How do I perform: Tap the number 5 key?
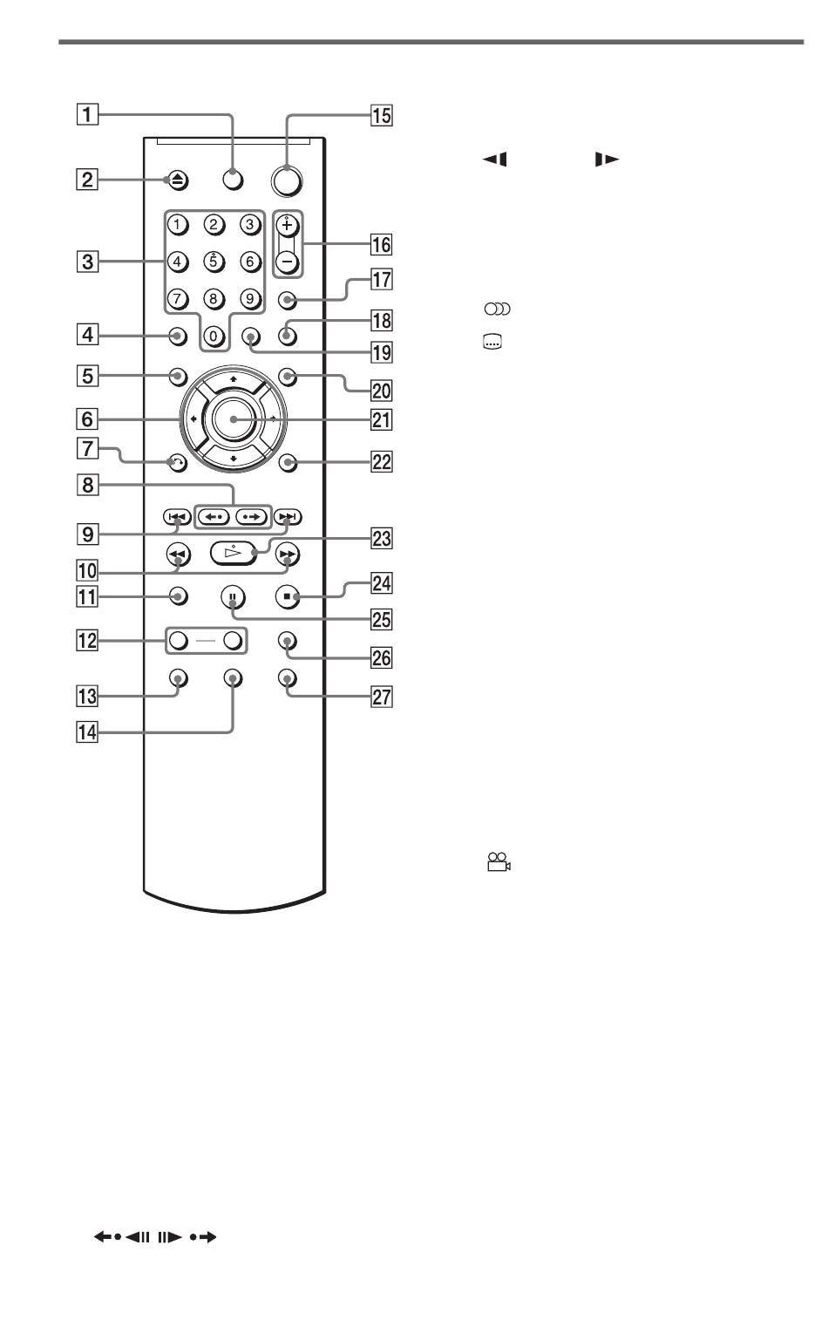(x=214, y=261)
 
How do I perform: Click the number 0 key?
(x=214, y=337)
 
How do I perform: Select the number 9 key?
(x=250, y=299)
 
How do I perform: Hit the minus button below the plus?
(x=288, y=262)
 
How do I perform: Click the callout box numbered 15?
(x=382, y=115)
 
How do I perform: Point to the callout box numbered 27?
(x=382, y=697)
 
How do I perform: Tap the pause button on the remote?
(x=234, y=597)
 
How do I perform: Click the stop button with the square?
(x=287, y=597)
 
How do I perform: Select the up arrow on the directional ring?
(x=234, y=379)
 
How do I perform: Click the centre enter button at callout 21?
(x=234, y=419)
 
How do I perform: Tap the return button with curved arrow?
(x=177, y=463)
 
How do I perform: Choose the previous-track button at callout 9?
(x=177, y=517)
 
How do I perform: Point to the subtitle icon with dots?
(x=492, y=342)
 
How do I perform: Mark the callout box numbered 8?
(x=87, y=485)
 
